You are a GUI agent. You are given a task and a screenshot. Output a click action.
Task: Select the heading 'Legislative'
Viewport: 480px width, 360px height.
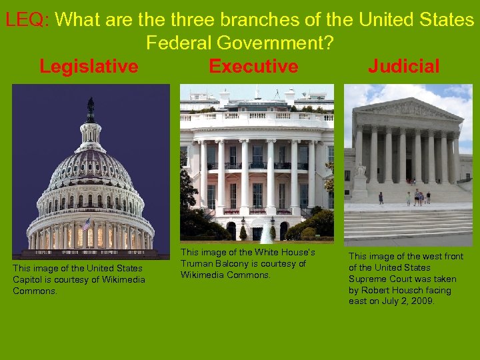coord(89,66)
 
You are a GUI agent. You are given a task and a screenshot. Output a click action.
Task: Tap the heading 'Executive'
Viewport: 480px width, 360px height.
coord(253,66)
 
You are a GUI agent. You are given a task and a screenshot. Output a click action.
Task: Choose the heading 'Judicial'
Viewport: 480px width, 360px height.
coord(403,66)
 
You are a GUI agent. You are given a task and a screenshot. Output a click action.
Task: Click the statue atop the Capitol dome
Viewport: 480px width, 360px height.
coord(91,110)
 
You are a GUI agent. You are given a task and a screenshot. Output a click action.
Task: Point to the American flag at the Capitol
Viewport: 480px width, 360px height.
coord(86,225)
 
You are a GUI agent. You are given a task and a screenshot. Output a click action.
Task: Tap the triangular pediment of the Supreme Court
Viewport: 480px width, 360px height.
coord(408,109)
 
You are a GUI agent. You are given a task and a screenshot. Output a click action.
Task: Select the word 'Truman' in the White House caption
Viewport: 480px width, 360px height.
coord(197,263)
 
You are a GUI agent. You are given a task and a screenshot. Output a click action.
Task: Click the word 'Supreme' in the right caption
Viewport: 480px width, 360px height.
coord(366,279)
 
